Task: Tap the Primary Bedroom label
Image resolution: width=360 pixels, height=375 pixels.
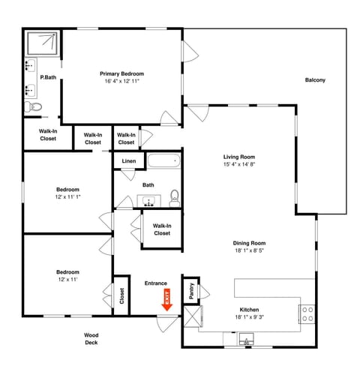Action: (x=121, y=73)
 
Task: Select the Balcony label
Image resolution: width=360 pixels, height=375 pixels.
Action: (x=315, y=81)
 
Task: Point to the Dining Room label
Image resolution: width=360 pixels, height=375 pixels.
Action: (x=249, y=243)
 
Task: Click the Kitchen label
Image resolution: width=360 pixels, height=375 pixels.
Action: (x=249, y=310)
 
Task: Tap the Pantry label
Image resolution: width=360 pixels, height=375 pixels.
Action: (x=192, y=292)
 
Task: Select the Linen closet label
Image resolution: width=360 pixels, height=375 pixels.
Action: (x=127, y=161)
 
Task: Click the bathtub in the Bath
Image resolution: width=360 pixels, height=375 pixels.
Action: (x=163, y=161)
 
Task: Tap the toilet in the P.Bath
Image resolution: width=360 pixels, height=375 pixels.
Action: (x=33, y=109)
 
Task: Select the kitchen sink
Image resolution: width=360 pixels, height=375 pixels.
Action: (x=247, y=341)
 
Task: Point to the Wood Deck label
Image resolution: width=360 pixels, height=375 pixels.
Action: (x=91, y=339)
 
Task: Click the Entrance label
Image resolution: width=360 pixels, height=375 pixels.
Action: (x=156, y=283)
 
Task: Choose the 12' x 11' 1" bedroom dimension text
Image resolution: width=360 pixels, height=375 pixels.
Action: (x=67, y=197)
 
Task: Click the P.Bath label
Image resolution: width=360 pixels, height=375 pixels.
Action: (x=48, y=77)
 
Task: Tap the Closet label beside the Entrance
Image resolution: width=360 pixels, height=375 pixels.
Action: (x=121, y=297)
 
